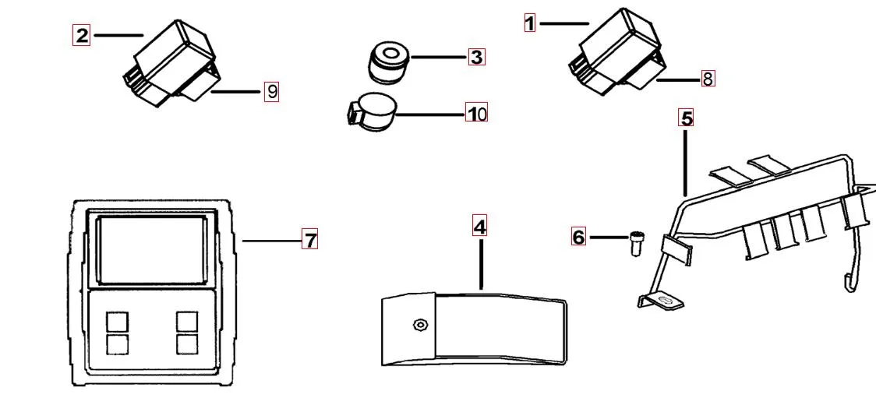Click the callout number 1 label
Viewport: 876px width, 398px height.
tap(530, 23)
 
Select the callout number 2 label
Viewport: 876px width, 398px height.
tap(81, 35)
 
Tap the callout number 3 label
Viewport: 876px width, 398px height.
tap(476, 57)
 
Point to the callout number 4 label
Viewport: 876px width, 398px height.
tap(480, 227)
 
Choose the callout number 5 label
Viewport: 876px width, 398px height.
tap(686, 118)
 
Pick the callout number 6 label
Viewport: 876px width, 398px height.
tap(578, 237)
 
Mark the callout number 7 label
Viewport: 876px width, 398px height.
tap(310, 240)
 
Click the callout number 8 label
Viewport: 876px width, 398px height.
tap(707, 79)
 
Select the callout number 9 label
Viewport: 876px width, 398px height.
tap(271, 92)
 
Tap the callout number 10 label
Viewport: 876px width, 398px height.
tap(476, 114)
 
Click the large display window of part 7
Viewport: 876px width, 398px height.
tap(151, 250)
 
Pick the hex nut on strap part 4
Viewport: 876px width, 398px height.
tap(420, 324)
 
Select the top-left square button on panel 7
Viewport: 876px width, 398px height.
tap(117, 322)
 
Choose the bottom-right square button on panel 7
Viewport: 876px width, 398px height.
tap(187, 344)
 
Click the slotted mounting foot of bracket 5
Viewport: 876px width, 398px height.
tap(662, 301)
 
